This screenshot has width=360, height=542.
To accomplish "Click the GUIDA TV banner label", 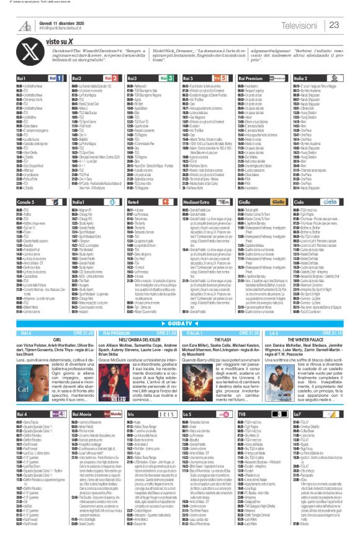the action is pos(179,324).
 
